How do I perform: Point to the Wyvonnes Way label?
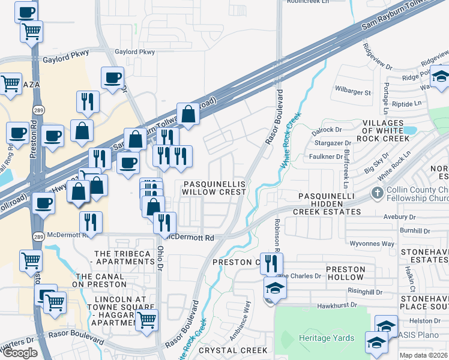click(x=372, y=244)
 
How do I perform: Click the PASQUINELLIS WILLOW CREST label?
click(x=215, y=187)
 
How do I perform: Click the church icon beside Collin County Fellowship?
click(x=377, y=193)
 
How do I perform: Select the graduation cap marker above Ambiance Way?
click(x=275, y=288)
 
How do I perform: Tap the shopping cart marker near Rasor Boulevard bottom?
click(x=146, y=321)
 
